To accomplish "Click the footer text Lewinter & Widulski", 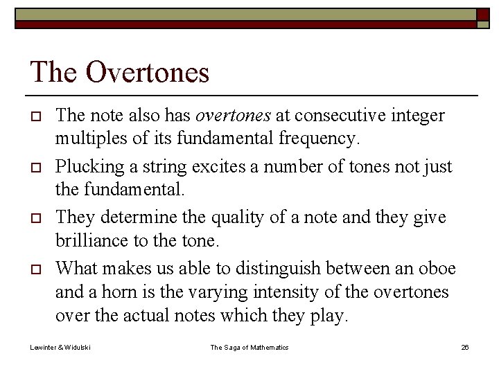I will pos(60,347).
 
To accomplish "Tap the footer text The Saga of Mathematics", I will pos(249,347).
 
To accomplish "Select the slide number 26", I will pos(465,347).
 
